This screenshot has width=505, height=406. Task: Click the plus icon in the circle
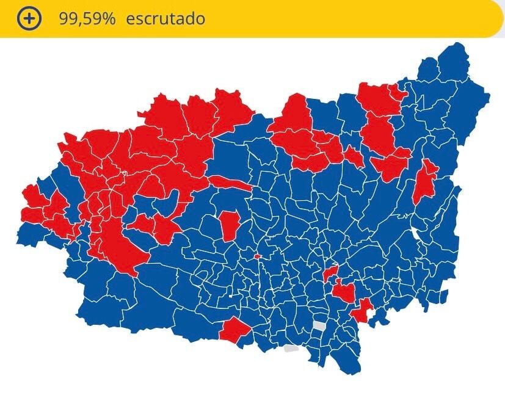(x=29, y=18)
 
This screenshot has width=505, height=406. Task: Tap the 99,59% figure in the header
(x=87, y=18)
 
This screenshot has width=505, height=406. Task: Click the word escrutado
(x=165, y=18)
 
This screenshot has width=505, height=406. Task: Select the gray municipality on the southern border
(x=291, y=349)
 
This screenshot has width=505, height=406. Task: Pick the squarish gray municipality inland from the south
(x=319, y=326)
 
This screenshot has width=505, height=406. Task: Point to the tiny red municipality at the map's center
(x=257, y=256)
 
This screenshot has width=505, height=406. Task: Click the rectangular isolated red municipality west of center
(x=230, y=225)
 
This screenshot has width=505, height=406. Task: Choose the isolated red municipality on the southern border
(x=234, y=330)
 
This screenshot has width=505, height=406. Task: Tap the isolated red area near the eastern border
(x=425, y=181)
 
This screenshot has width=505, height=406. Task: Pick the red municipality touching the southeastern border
(x=363, y=311)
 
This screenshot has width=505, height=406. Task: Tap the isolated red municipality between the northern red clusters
(x=353, y=157)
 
